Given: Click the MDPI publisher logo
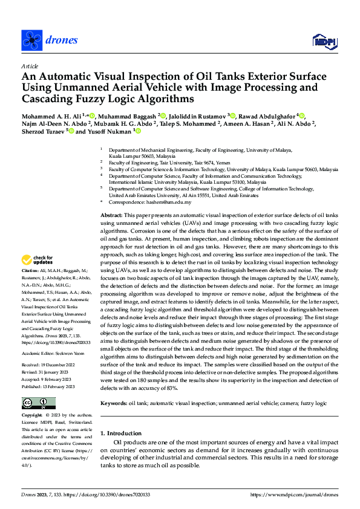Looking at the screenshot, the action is click(324, 41).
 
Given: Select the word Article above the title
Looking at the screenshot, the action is click(29, 66).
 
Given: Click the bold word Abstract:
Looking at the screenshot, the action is click(111, 215).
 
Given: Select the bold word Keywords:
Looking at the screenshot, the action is click(114, 386).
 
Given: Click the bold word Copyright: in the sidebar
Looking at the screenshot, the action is click(33, 417).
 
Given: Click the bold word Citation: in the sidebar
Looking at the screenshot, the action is click(30, 287).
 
